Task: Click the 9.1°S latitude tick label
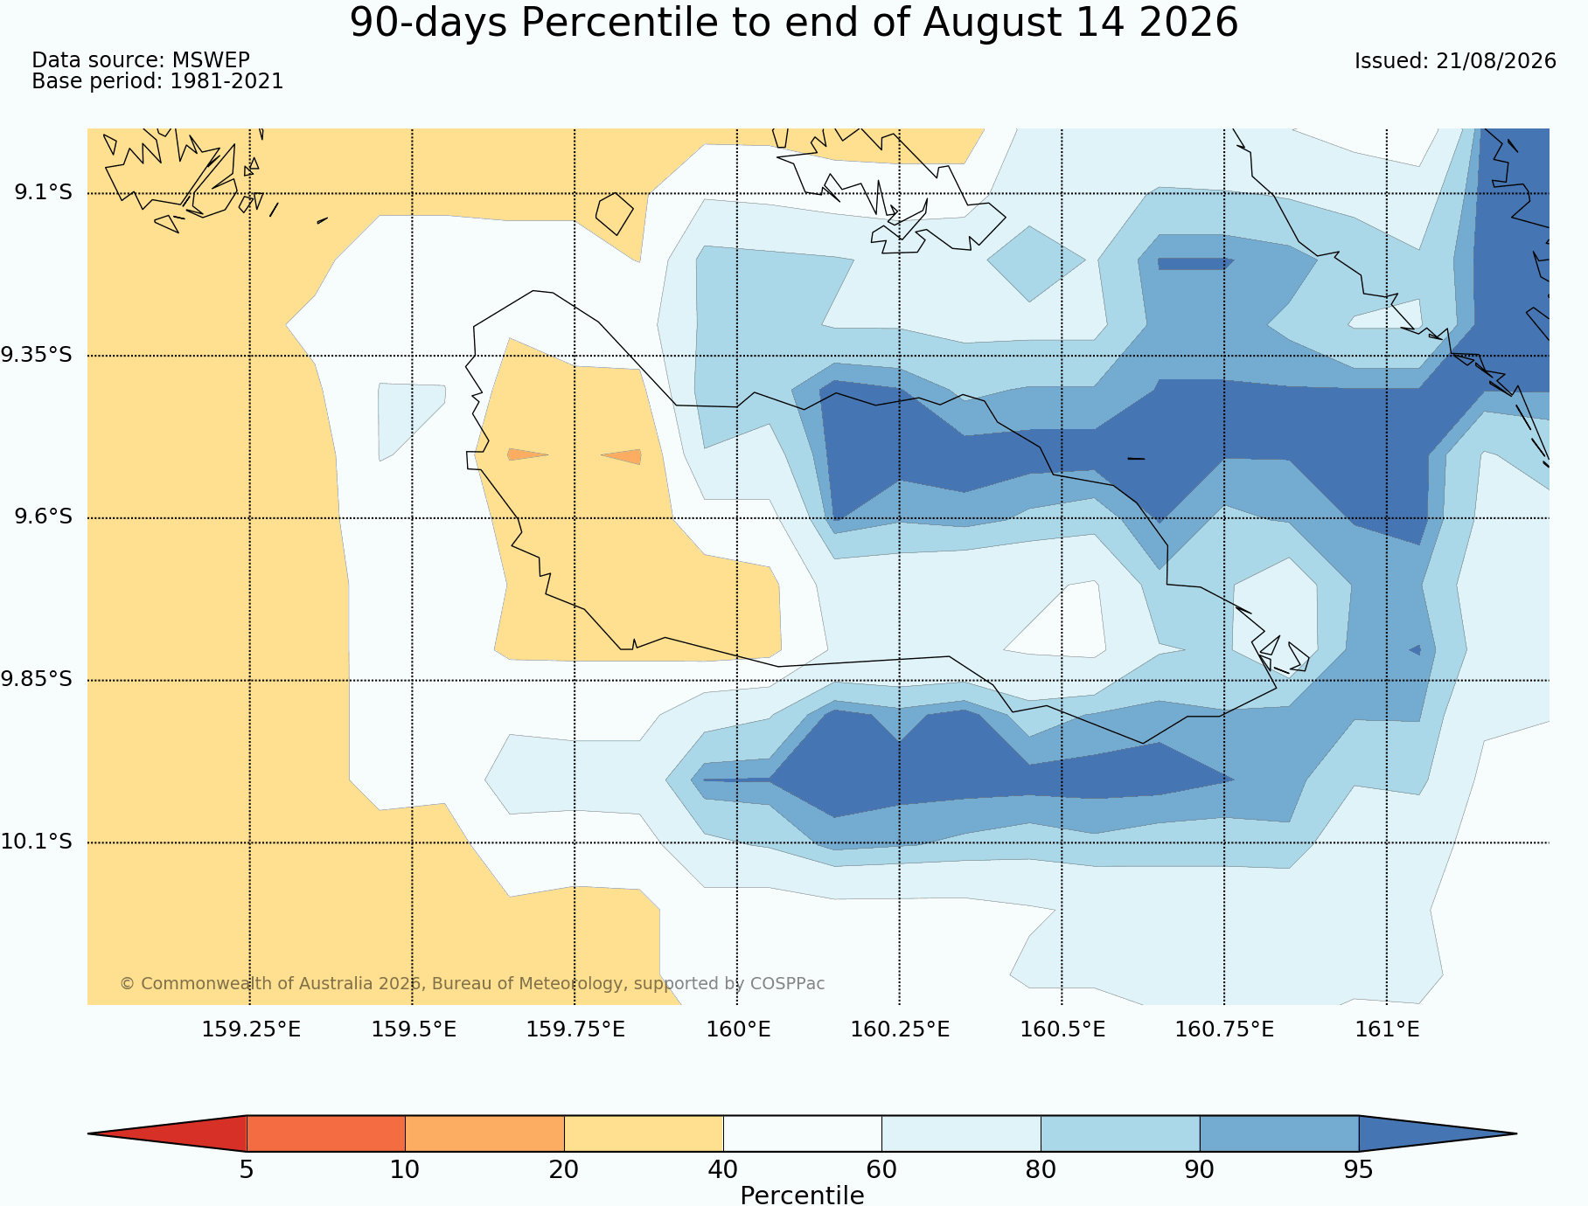click(43, 192)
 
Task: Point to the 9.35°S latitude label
click(37, 355)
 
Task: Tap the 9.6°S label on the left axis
click(43, 517)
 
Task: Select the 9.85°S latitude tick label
click(37, 679)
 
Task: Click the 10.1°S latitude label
click(37, 842)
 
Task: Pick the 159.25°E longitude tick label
click(251, 1029)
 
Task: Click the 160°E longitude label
click(738, 1029)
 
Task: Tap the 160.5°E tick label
click(1062, 1029)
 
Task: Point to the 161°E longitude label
click(1387, 1029)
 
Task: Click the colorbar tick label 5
click(247, 1170)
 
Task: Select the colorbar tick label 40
click(723, 1170)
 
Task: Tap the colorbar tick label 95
click(1359, 1170)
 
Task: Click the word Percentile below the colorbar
click(802, 1196)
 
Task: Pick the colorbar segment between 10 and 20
click(484, 1133)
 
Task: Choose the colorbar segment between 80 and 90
click(1120, 1133)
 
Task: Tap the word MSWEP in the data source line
click(211, 60)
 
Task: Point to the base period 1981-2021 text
click(226, 81)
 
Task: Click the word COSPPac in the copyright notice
click(787, 983)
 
